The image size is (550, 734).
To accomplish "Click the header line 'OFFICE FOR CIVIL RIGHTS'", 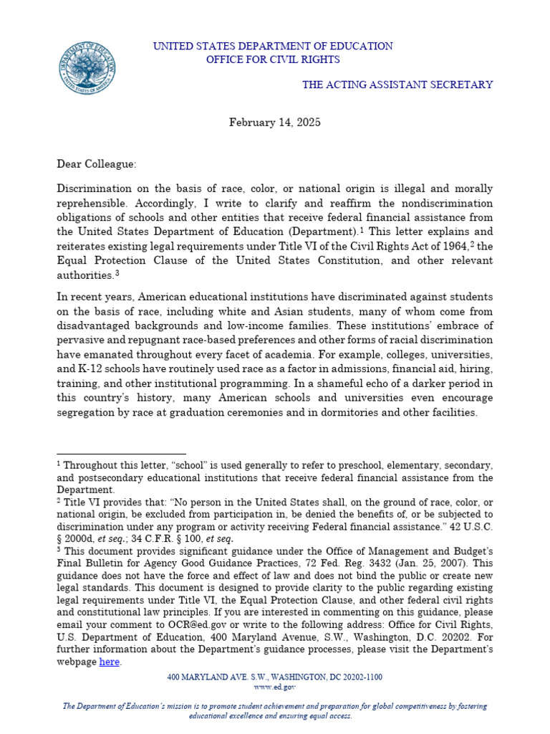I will [x=273, y=59].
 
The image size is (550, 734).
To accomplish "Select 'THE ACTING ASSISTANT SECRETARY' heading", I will [x=397, y=85].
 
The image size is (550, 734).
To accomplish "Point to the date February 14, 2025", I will [x=275, y=123].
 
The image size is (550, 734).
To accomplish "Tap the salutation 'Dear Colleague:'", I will [x=96, y=164].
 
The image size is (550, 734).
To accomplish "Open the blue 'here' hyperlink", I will [x=109, y=662].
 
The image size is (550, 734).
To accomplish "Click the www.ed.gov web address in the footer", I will [x=275, y=687].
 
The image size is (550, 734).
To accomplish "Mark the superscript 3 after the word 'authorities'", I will [x=117, y=273].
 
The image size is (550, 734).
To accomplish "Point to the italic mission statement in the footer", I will [x=275, y=711].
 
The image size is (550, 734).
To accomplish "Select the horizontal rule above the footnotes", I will [x=121, y=454].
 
